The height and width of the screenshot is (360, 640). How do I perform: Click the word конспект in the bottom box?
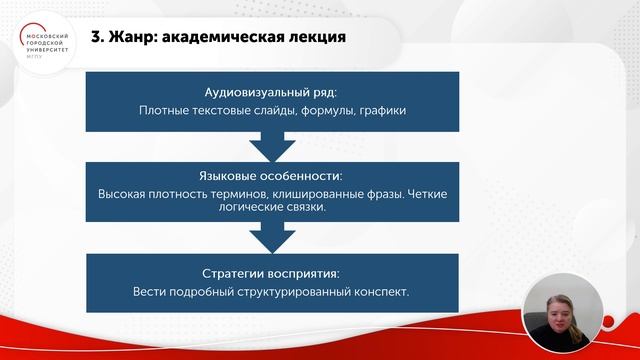tap(380, 293)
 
